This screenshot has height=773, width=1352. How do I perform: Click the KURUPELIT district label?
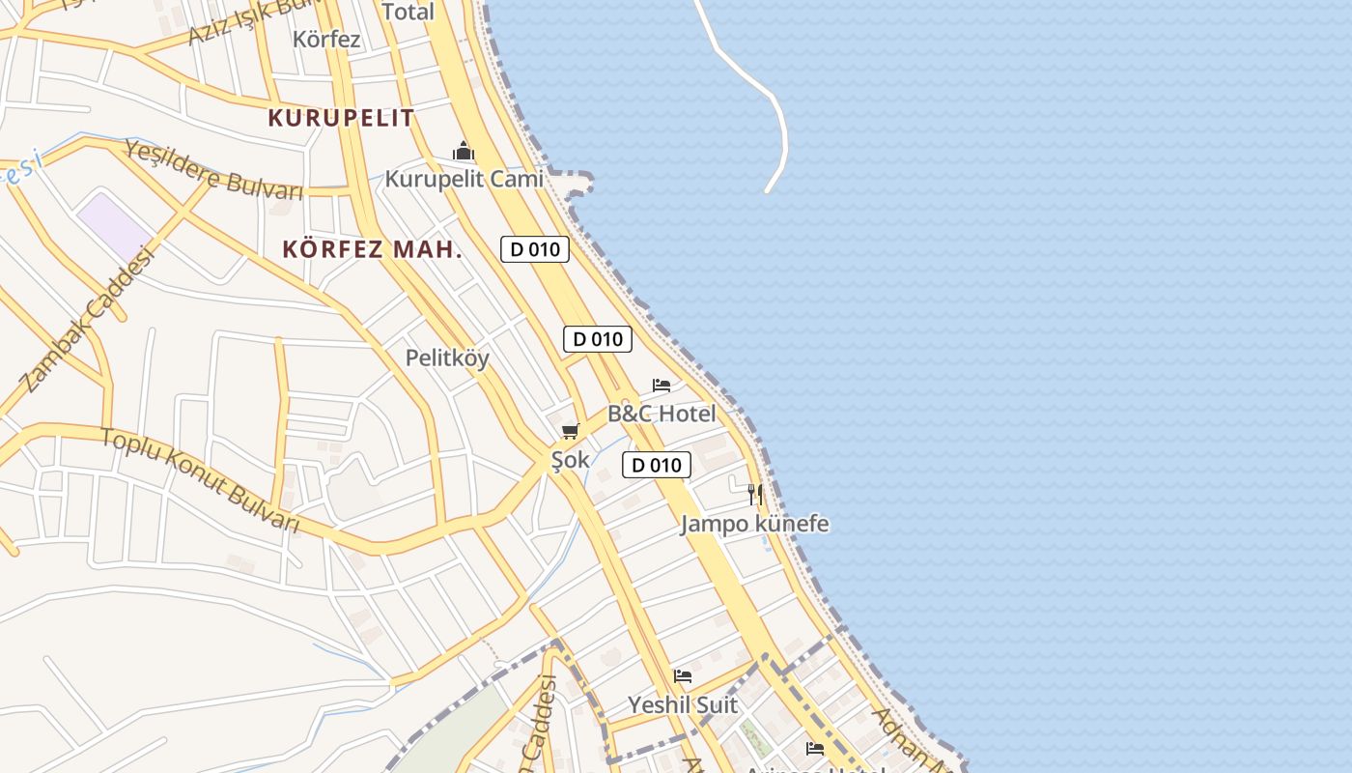(341, 118)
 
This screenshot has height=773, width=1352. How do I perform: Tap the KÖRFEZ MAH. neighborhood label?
(372, 249)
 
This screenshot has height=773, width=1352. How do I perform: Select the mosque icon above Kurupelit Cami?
(464, 152)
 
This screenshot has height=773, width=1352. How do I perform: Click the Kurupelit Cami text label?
(464, 179)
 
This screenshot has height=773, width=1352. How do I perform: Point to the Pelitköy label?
(447, 358)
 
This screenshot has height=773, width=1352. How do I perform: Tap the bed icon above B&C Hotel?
(662, 386)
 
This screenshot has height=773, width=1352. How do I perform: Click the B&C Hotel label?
(662, 414)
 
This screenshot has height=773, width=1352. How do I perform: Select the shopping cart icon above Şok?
(570, 431)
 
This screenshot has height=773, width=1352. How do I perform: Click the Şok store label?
(570, 460)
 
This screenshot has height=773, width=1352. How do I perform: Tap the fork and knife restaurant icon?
(755, 495)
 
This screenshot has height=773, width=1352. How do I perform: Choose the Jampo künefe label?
(754, 524)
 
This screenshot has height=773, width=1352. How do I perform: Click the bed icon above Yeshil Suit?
(683, 676)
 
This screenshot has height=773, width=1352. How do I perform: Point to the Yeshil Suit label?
(683, 704)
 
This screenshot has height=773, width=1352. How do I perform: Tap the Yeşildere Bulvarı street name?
(213, 170)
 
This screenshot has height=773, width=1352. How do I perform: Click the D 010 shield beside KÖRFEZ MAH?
(535, 249)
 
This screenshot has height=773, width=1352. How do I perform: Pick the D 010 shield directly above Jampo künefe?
(657, 465)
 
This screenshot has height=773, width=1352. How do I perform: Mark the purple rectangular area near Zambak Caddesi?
(115, 226)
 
